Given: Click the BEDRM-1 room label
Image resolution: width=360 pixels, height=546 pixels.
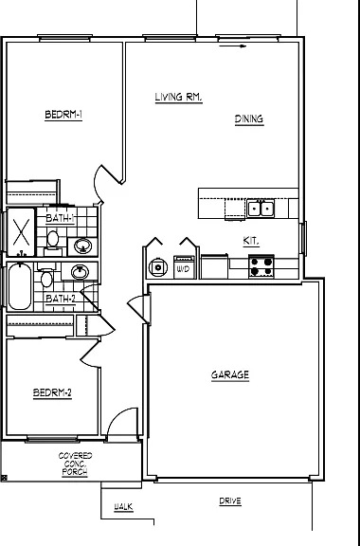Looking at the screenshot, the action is pos(63,115).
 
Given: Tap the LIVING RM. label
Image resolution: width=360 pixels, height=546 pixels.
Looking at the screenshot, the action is pos(179,97).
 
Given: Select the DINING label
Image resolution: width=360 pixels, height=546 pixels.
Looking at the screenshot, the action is pos(249,119).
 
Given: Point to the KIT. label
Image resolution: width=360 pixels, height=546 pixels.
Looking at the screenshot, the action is pos(251,241).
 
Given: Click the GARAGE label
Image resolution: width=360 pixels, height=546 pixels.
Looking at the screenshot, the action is pos(230,375).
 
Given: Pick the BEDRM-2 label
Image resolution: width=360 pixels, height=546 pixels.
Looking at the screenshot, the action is pos(52,393).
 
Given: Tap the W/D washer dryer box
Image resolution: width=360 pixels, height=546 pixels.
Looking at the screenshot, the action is pos(184,267).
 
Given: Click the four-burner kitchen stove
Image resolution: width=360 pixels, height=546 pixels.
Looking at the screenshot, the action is pos(261,266).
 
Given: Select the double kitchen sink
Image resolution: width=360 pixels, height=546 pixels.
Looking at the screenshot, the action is pos(261,209).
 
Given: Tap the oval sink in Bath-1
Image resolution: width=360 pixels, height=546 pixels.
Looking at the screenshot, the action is pos(82,246).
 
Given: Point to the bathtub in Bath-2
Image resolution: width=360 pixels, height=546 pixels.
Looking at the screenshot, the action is pos(20,286).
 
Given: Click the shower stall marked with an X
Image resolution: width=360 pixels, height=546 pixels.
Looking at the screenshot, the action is pos(21,232).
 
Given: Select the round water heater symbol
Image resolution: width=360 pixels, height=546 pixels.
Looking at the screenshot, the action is pos(158,267).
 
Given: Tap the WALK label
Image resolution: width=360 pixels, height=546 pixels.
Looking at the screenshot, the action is pos(123,507).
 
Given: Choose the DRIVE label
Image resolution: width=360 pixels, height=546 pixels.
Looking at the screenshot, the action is pos(230,501).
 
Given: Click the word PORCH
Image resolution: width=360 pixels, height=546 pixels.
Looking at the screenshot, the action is pos(75,472).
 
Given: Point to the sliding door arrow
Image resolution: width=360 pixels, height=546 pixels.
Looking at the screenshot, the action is pos(232,45).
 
